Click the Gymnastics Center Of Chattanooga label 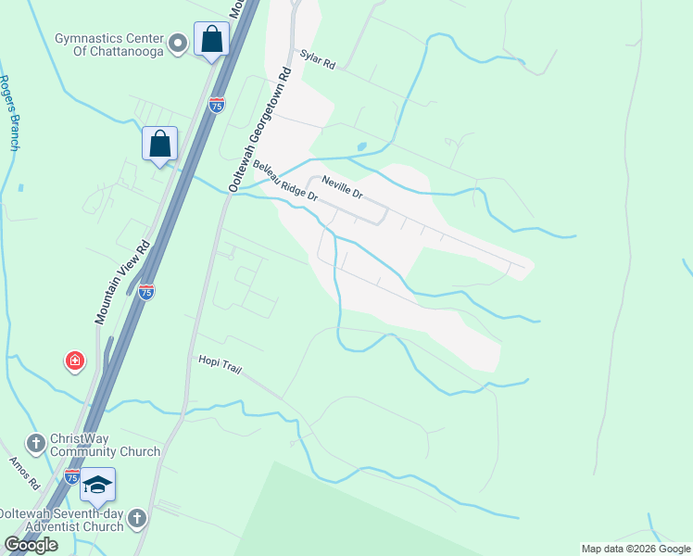(x=108, y=44)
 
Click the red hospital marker (x=74, y=360)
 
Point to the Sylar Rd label (x=316, y=60)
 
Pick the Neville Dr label (x=342, y=186)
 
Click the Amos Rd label (x=24, y=473)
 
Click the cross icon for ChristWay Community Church (x=36, y=444)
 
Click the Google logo (x=31, y=545)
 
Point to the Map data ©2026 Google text (x=636, y=549)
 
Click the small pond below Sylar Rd (x=361, y=146)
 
